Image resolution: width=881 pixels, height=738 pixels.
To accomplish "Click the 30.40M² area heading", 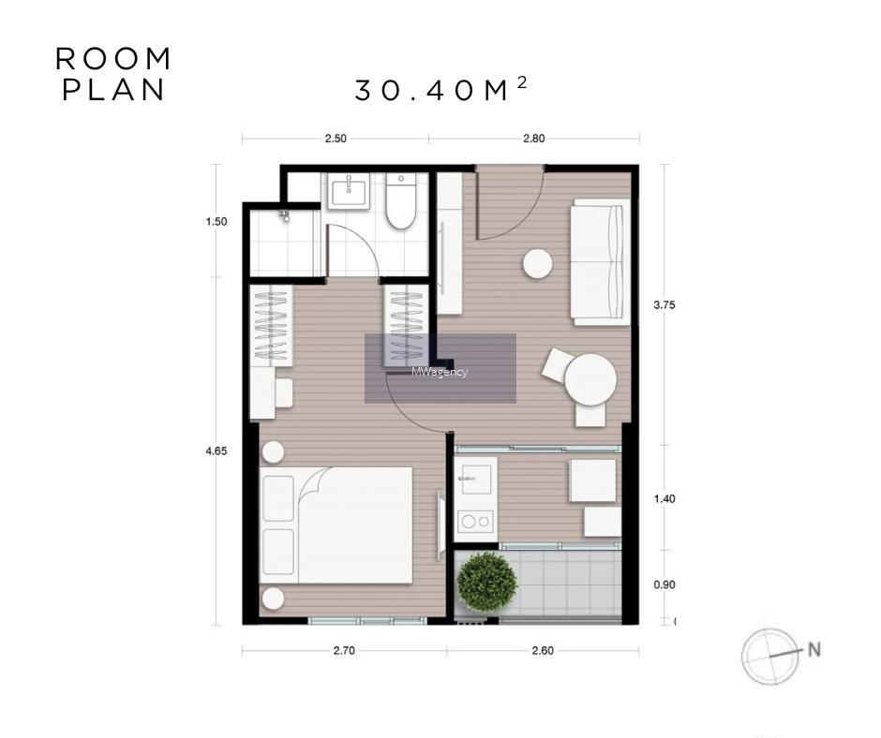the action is [x=441, y=89].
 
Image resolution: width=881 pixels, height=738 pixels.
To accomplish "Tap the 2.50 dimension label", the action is [x=336, y=139].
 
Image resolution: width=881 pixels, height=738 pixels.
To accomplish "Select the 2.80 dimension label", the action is [x=534, y=139].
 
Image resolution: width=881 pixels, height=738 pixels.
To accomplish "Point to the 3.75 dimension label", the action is [x=664, y=305].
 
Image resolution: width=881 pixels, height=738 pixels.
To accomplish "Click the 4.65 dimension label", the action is [x=217, y=451].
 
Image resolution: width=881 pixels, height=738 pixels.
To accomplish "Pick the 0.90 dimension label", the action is [x=664, y=584].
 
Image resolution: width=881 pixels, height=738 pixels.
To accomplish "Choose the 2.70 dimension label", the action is [x=344, y=650].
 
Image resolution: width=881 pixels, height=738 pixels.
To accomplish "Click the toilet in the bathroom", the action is [x=400, y=201].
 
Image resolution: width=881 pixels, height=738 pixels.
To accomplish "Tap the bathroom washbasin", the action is [x=349, y=191].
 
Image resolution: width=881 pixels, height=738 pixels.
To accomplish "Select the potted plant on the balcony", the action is [x=486, y=583].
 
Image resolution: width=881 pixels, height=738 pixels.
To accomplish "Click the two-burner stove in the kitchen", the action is [x=475, y=522].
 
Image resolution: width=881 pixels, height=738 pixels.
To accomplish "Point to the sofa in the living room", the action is [x=600, y=262].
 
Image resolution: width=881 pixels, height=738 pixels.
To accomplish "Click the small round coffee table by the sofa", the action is [x=538, y=263].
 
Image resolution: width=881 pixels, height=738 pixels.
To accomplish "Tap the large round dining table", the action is [x=590, y=379].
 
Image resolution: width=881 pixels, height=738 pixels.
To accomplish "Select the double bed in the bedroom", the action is [x=336, y=525].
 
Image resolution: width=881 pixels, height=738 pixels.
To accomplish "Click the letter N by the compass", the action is [x=814, y=649].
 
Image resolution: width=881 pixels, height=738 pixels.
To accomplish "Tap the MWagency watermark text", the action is [x=440, y=372].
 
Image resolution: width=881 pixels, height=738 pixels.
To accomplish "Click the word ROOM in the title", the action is [x=113, y=59].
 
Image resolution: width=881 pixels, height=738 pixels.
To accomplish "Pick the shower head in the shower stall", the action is [x=285, y=215].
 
